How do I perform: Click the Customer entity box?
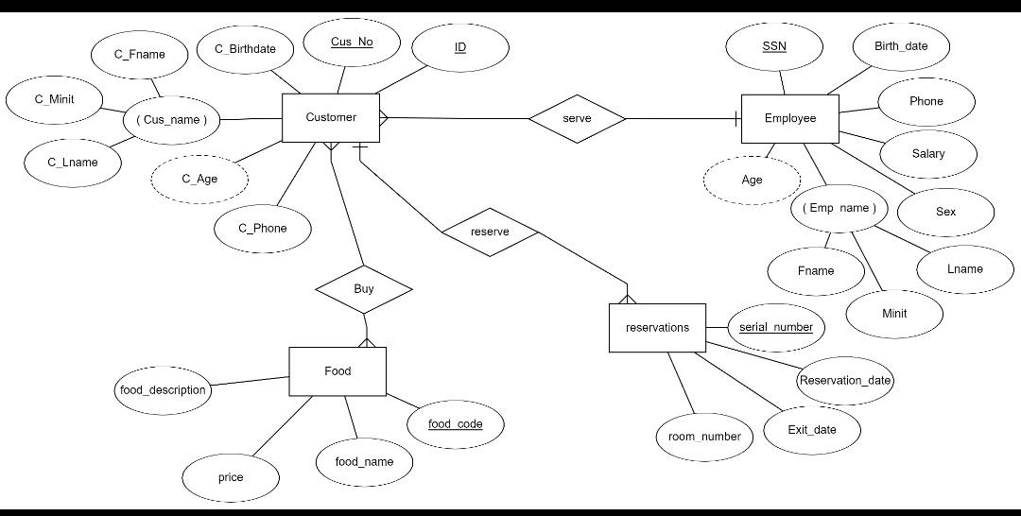click(x=331, y=118)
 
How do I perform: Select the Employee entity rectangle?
click(x=789, y=119)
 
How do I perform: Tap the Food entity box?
click(x=337, y=371)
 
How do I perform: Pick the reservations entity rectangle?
click(x=657, y=328)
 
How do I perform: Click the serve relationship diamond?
click(x=577, y=119)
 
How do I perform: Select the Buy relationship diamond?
click(x=364, y=289)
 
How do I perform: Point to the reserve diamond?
click(x=490, y=232)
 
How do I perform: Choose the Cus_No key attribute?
click(x=352, y=43)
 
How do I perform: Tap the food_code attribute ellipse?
click(x=456, y=424)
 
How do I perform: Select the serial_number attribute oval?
click(x=776, y=328)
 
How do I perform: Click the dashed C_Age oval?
click(x=199, y=179)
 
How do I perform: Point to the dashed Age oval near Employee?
click(x=752, y=181)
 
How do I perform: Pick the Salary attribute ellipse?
click(x=927, y=154)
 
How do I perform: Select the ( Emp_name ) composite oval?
click(x=839, y=208)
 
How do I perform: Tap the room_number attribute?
click(x=704, y=437)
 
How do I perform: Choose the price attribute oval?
click(x=231, y=477)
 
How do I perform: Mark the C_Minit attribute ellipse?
click(x=54, y=99)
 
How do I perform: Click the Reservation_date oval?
click(x=845, y=381)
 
